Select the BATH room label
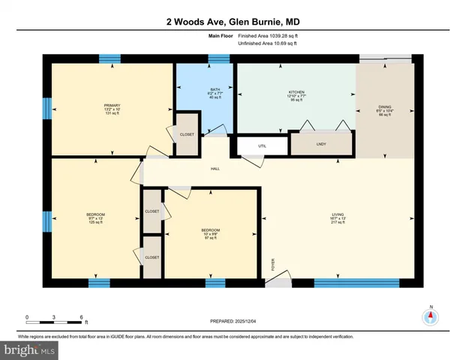click(x=205, y=92)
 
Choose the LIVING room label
click(x=338, y=217)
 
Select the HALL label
click(x=215, y=170)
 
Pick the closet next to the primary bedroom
click(x=187, y=134)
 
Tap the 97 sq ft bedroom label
click(x=211, y=234)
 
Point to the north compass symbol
click(x=431, y=317)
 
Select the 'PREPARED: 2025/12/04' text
click(x=233, y=320)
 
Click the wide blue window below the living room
click(x=345, y=283)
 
